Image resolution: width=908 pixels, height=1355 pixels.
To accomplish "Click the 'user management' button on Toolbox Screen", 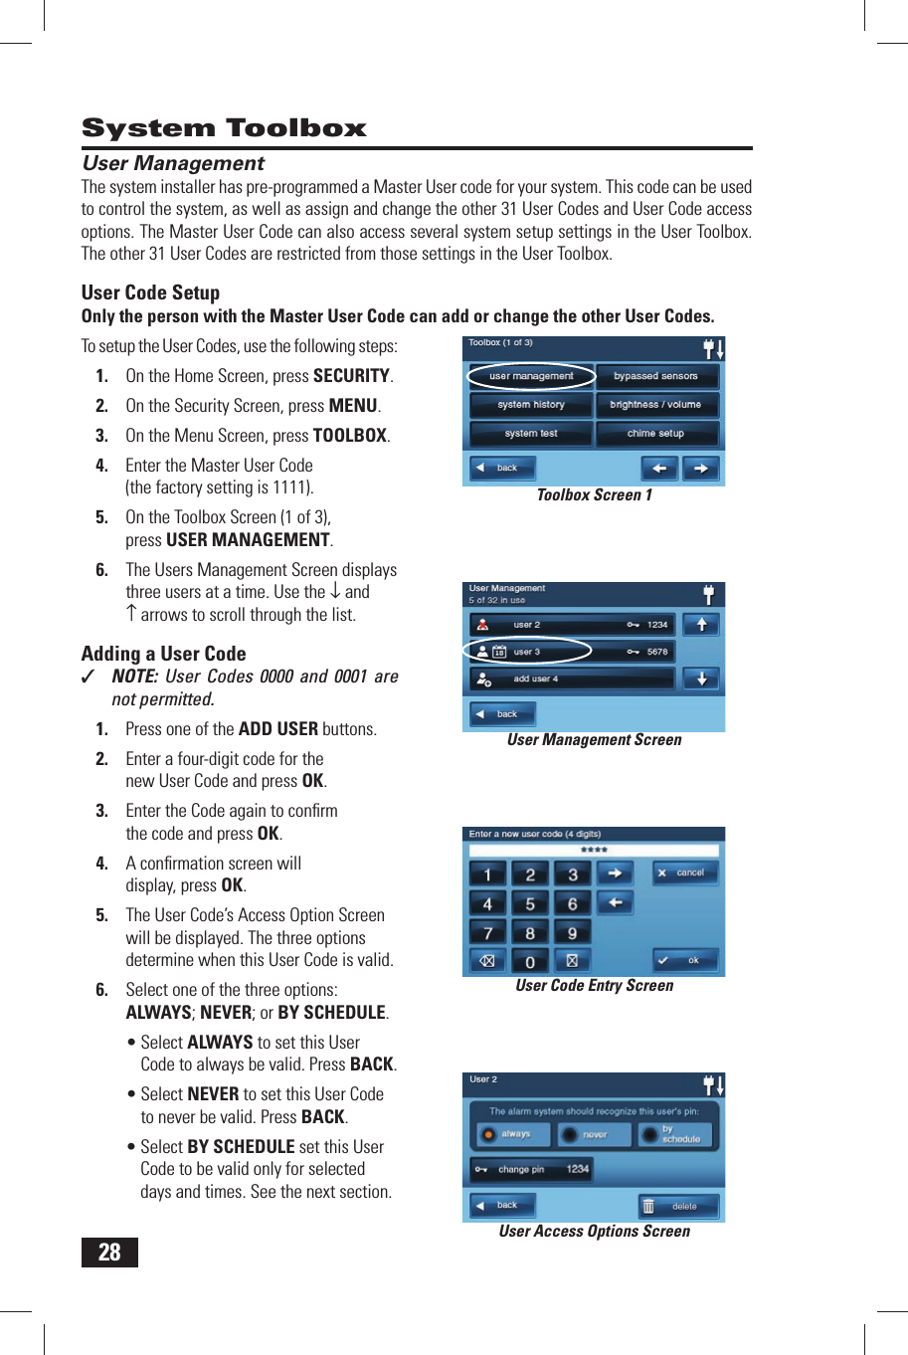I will point(531,376).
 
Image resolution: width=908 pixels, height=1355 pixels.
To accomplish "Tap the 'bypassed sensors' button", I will point(656,376).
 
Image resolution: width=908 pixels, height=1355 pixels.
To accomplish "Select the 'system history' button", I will point(531,405).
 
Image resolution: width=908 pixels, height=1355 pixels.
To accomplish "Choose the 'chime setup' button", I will point(656,434).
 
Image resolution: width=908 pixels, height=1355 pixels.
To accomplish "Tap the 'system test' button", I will point(531,434).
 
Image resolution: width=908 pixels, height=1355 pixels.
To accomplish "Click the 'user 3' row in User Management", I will point(572,652).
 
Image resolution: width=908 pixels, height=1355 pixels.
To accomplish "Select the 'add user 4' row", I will point(572,679).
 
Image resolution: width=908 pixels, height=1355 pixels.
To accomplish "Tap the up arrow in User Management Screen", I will point(702,624).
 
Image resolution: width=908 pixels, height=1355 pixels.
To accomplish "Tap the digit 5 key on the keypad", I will point(530,904).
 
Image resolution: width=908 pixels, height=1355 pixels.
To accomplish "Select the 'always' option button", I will point(508,1134).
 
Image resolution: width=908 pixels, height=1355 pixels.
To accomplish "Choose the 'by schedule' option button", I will point(676,1134).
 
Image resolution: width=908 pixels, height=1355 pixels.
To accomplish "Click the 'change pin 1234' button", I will point(532,1170).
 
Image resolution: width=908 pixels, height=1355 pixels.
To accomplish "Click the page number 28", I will point(109,1253).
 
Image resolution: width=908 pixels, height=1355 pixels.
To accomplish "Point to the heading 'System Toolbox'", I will point(224,128).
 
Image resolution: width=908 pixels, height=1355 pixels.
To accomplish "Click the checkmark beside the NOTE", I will point(90,677).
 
